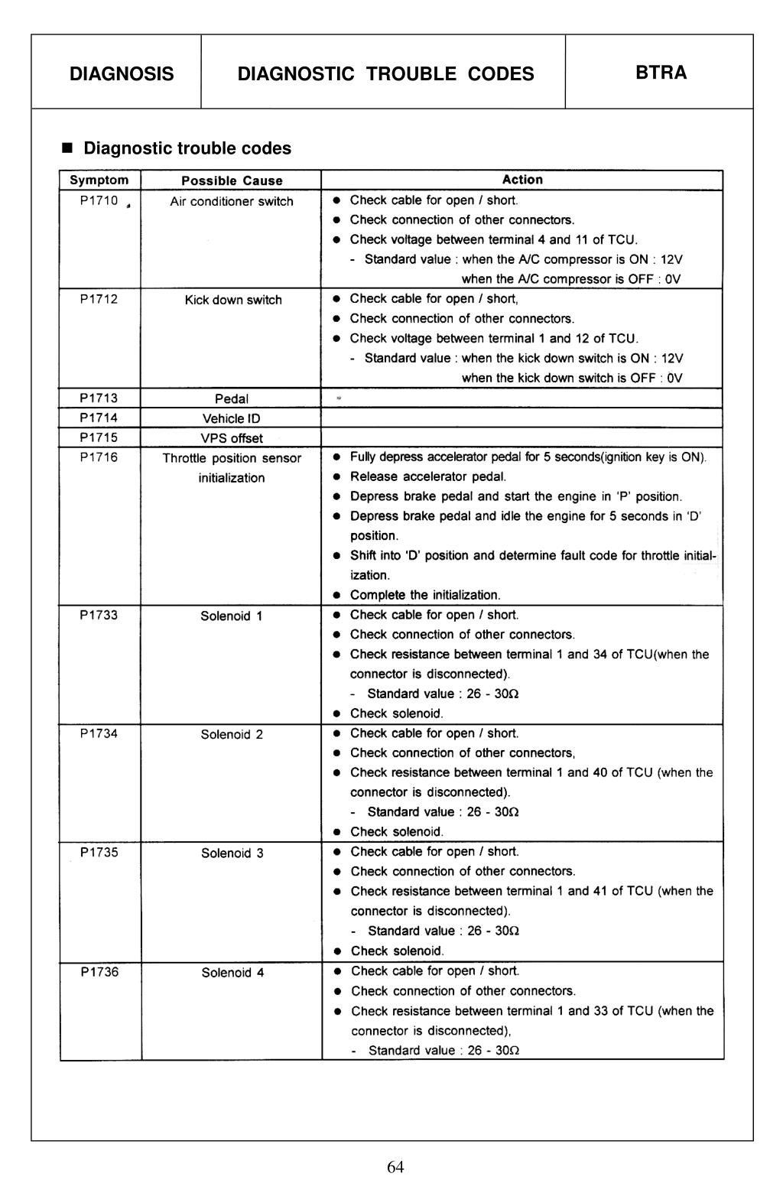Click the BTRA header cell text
[x=661, y=73]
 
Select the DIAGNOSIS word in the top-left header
[x=122, y=73]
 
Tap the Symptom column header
[x=99, y=180]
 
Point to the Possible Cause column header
[x=232, y=180]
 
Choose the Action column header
[x=522, y=180]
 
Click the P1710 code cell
[x=99, y=200]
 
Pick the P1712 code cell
[x=99, y=299]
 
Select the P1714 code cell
[x=99, y=418]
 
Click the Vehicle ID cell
[x=232, y=418]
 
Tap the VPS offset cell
[x=232, y=438]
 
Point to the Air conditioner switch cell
[x=232, y=201]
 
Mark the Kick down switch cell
[x=233, y=300]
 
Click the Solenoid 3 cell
[x=232, y=853]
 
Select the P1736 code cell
[x=99, y=972]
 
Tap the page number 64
[x=395, y=1166]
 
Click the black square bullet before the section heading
[x=67, y=148]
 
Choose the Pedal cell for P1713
[x=232, y=398]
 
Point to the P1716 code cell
[x=99, y=457]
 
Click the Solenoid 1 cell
[x=232, y=616]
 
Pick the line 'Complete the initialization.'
[x=425, y=595]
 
